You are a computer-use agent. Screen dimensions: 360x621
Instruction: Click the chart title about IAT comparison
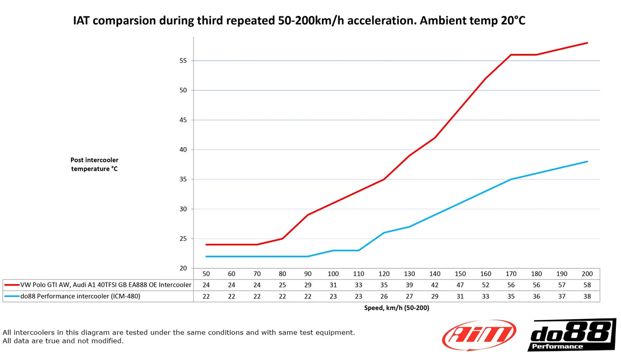[x=299, y=21]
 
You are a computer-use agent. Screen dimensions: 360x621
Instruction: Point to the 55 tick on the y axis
[x=184, y=61]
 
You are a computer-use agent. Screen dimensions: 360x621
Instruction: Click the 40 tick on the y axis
[x=184, y=149]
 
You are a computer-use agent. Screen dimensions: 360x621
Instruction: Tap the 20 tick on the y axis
[x=184, y=268]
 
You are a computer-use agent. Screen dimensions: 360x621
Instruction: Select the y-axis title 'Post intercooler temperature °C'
[x=95, y=164]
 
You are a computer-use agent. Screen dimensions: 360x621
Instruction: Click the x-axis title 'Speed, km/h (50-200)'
[x=396, y=308]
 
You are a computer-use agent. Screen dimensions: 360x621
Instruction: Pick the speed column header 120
[x=384, y=274]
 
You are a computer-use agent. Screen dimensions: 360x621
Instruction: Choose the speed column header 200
[x=587, y=274]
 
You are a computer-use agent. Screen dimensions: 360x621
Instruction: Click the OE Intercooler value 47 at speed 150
[x=460, y=285]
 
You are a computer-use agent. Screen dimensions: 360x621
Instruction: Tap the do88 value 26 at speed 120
[x=384, y=296]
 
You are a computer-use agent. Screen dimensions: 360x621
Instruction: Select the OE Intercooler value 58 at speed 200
[x=587, y=285]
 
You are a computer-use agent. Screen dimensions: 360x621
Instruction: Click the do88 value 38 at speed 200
[x=587, y=296]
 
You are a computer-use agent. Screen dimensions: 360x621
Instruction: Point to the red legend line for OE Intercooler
[x=12, y=285]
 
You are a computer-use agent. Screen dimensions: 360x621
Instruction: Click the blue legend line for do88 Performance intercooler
[x=12, y=296]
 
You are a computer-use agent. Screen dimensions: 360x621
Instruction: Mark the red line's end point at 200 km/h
[x=587, y=43]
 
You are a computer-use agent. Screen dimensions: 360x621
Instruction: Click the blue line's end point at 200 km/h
[x=587, y=162]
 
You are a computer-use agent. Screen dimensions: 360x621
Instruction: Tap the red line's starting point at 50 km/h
[x=206, y=244]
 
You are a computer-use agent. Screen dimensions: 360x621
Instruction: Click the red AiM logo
[x=479, y=335]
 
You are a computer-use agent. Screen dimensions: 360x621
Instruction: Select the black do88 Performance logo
[x=571, y=335]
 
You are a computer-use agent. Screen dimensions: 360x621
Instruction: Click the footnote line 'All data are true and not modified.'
[x=63, y=341]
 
